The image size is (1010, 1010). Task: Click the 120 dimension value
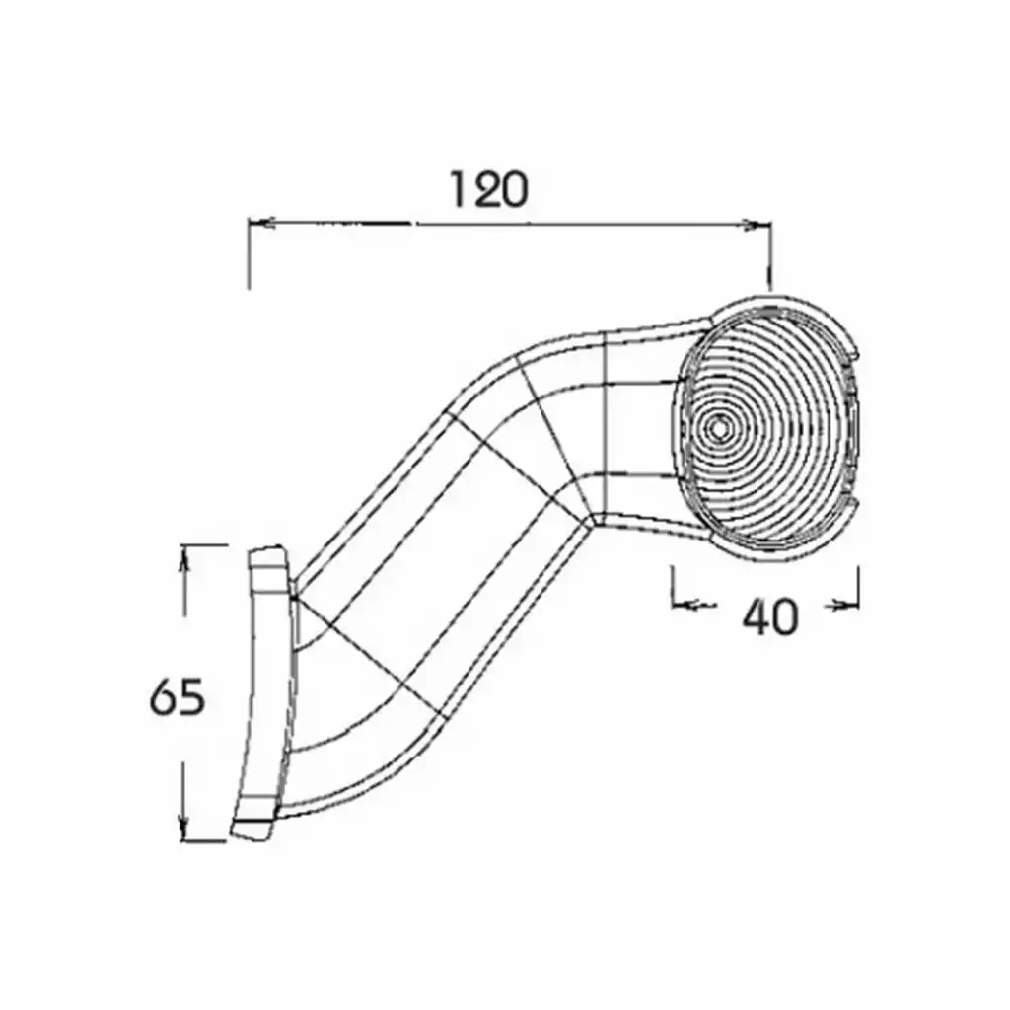coord(489,189)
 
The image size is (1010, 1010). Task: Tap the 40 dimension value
coord(770,616)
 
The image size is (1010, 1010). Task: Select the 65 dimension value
coord(178,697)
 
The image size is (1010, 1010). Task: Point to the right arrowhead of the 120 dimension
coord(757,225)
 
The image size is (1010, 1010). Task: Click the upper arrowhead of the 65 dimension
coord(185,559)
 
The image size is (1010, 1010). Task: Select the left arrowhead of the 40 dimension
coord(686,605)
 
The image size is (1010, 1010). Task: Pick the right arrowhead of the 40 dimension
coord(844,605)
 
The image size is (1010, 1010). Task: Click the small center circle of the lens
coord(718,427)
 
